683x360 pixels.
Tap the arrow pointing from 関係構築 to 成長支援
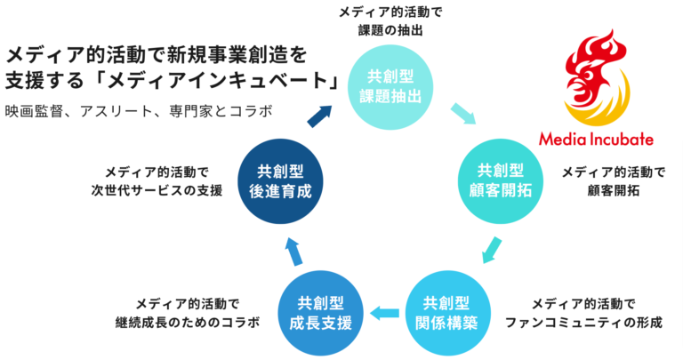(384, 312)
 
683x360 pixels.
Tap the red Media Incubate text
(596, 140)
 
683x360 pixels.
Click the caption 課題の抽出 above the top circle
(390, 30)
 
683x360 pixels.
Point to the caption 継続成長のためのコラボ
(187, 322)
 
